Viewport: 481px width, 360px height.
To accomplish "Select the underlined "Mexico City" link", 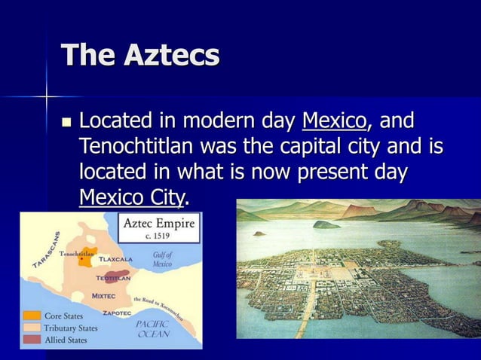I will click(131, 197).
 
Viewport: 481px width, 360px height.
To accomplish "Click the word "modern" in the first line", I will click(219, 121).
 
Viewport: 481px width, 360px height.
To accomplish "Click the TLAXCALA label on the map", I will click(115, 259).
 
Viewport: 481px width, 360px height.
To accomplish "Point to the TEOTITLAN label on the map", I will click(113, 278).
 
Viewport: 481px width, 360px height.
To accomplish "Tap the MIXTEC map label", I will click(103, 295).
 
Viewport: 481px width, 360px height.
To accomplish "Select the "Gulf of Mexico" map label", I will click(162, 260).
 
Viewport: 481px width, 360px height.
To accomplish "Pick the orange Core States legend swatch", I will click(32, 316).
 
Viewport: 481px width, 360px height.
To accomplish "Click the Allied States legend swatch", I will click(32, 340).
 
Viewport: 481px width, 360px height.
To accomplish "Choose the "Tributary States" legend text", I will click(70, 328).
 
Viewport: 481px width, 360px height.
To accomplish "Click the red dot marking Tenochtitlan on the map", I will click(81, 259).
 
